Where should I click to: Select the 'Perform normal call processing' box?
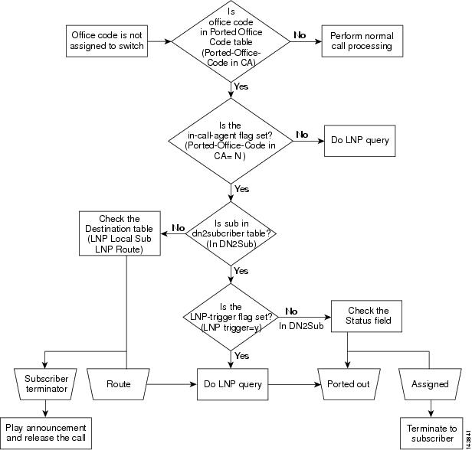click(x=361, y=41)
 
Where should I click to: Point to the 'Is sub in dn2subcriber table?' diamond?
click(x=231, y=229)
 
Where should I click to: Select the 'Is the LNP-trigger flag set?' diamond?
click(x=231, y=315)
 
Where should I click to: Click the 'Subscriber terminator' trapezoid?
click(x=46, y=383)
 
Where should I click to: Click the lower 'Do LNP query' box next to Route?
click(x=231, y=383)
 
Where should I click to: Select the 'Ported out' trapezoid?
click(x=349, y=383)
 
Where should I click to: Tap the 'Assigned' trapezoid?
click(x=430, y=383)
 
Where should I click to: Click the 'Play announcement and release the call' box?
click(x=46, y=434)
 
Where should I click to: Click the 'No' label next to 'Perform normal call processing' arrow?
click(x=300, y=35)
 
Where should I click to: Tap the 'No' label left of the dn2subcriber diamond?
click(x=179, y=227)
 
